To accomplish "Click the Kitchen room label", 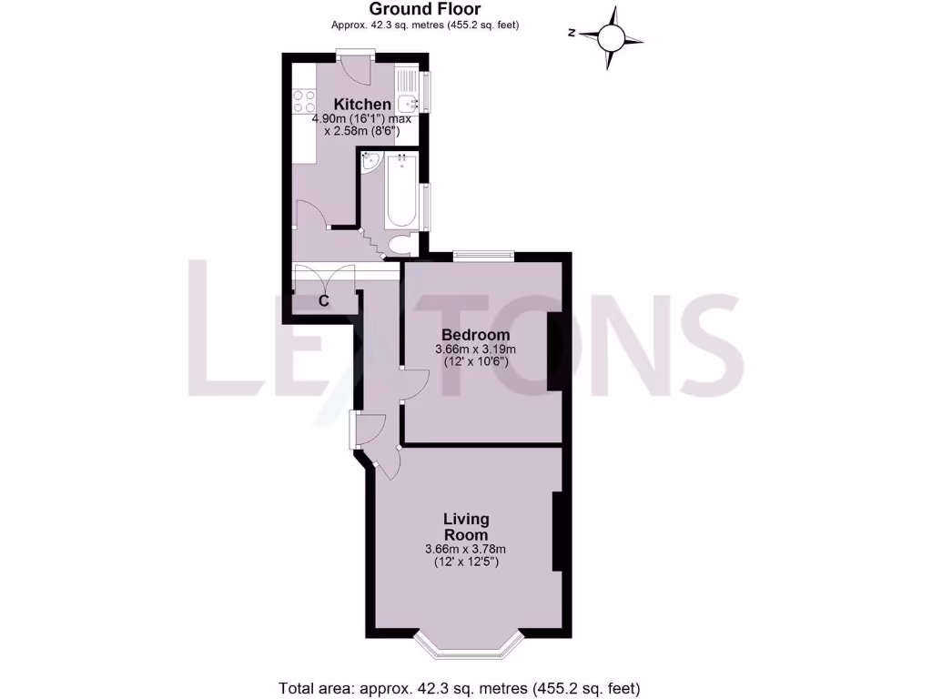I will [362, 105].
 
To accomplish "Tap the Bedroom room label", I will [475, 335].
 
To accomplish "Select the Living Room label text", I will [466, 527].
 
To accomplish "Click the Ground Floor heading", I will [426, 10].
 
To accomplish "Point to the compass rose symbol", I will [612, 38].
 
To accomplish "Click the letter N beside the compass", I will [572, 34].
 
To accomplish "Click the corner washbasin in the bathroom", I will [370, 163].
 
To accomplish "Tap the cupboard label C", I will [323, 301].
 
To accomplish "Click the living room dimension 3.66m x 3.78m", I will [465, 549].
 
